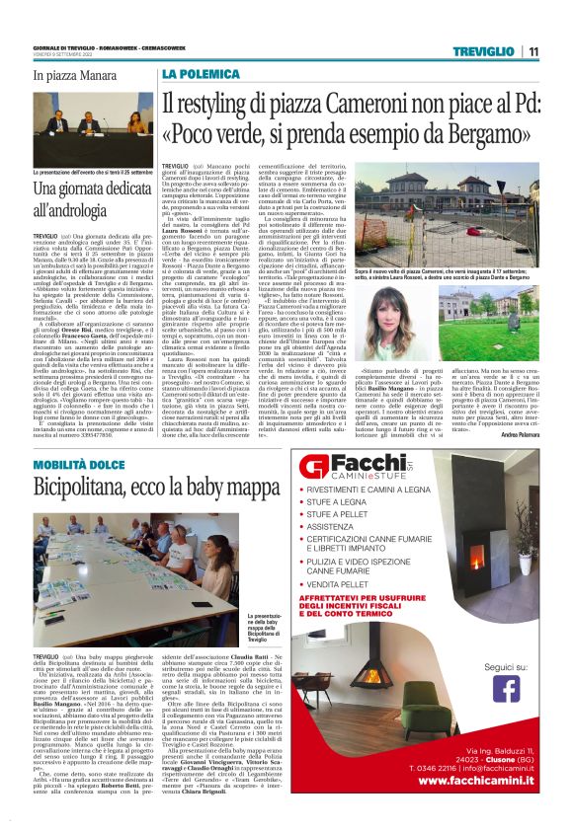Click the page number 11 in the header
pos(533,52)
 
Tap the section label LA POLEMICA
pos(196,74)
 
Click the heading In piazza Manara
pos(72,74)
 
